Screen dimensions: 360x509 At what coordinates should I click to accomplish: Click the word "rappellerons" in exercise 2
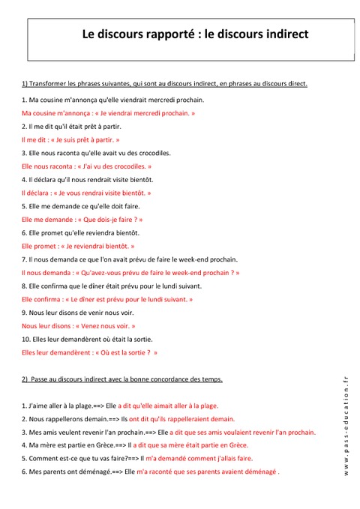click(69, 419)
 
